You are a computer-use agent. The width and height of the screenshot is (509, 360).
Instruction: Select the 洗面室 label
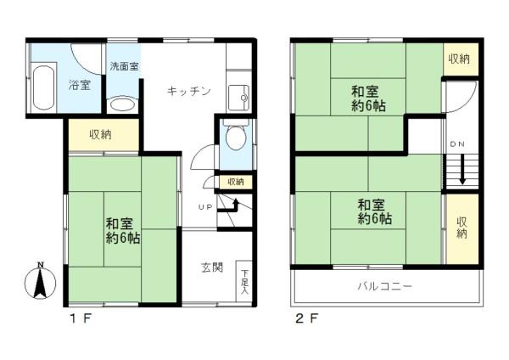(x=125, y=65)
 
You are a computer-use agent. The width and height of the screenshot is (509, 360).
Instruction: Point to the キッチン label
(x=188, y=91)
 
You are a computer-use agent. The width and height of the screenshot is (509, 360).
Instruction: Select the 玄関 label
(x=211, y=267)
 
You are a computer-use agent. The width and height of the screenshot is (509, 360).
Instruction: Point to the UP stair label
(x=205, y=207)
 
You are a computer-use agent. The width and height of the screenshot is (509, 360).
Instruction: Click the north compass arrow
(x=39, y=281)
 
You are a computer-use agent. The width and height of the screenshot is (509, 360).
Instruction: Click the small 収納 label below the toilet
(x=234, y=182)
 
